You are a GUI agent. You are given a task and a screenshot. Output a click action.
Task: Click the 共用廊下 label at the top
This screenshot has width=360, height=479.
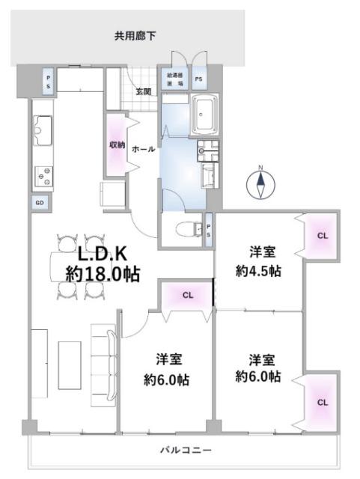pos(135,35)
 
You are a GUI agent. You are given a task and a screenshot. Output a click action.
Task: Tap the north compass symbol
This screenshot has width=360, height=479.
pos(260,182)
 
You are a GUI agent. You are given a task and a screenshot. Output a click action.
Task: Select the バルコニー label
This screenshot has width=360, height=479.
pos(186,450)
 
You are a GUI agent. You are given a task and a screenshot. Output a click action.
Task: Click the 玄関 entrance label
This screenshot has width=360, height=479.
pos(143,92)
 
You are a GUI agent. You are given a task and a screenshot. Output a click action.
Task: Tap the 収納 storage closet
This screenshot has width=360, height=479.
pos(116,144)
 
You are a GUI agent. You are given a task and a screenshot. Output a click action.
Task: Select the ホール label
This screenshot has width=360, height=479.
pos(143,150)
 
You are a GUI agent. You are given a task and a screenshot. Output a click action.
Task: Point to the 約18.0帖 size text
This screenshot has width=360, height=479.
pos(102,274)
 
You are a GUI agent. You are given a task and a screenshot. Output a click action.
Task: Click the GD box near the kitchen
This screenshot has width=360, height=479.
pos(38,202)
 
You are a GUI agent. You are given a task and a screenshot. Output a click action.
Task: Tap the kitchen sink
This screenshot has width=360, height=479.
pos(43,131)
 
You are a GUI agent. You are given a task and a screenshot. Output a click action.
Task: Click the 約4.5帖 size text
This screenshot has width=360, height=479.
pos(258,272)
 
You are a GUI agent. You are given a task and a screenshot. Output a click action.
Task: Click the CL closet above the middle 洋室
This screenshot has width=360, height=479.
pos(187,295)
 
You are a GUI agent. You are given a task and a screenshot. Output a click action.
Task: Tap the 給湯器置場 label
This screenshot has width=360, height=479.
pos(175,79)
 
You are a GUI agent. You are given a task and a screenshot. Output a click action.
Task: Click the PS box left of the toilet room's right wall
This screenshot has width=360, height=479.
pos(208,229)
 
